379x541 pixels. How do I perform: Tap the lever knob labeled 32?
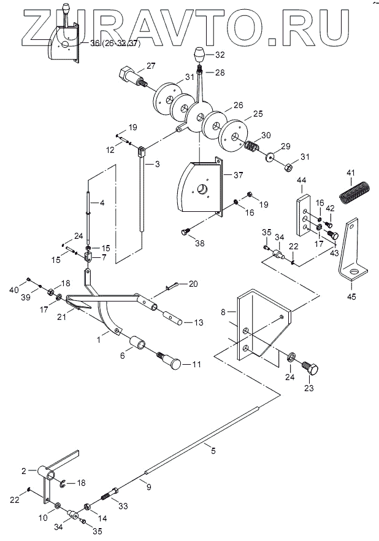click(199, 55)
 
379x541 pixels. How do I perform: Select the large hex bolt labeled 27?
click(132, 77)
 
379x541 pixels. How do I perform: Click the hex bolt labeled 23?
click(310, 368)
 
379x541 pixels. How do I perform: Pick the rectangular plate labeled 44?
click(303, 215)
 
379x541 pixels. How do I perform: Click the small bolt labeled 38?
click(186, 232)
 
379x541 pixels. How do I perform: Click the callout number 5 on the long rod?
click(213, 451)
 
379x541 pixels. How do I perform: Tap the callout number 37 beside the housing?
click(239, 175)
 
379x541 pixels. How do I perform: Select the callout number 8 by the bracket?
click(223, 312)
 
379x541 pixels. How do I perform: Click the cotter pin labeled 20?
click(172, 286)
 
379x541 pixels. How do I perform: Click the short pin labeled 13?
click(172, 318)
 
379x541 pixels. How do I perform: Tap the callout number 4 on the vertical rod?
click(102, 203)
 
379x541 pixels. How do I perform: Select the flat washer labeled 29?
click(270, 156)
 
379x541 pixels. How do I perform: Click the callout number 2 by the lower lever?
click(24, 470)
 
